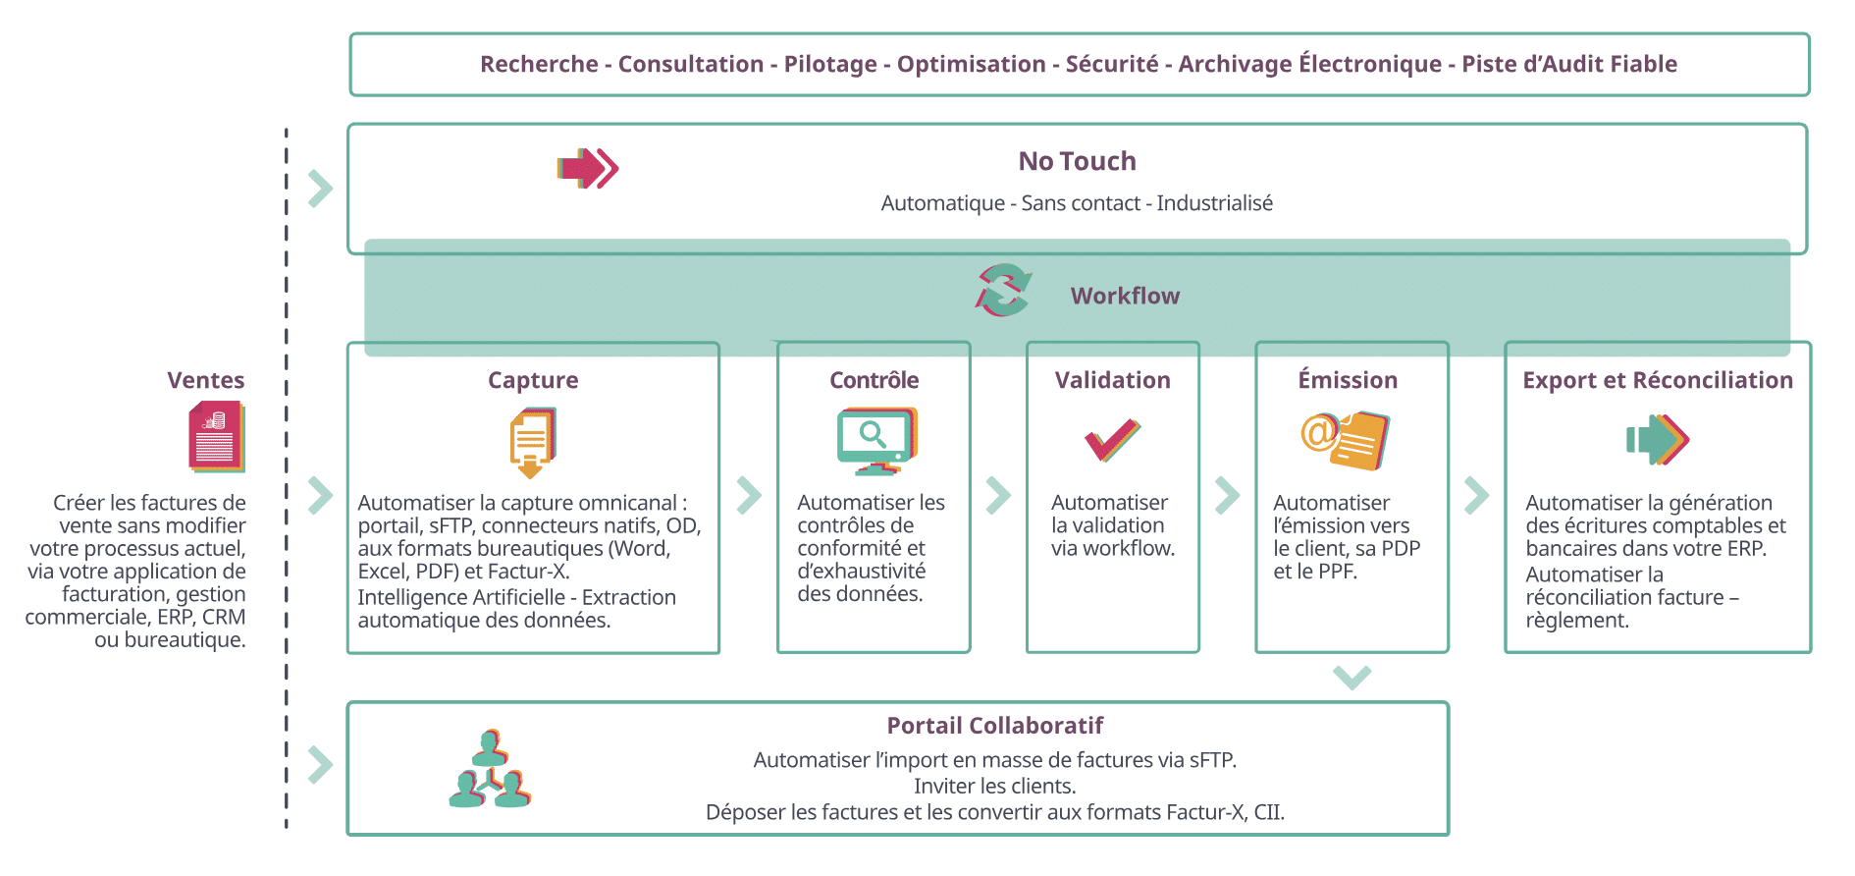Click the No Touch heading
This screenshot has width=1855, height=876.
(x=1077, y=161)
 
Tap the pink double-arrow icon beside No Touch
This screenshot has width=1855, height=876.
(x=588, y=169)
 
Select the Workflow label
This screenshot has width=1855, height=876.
(x=1125, y=296)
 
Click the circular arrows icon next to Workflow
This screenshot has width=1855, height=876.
(x=1003, y=291)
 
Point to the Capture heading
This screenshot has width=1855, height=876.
(x=533, y=380)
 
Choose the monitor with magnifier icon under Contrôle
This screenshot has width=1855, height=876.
(x=876, y=441)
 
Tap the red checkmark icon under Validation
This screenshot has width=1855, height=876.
(x=1113, y=440)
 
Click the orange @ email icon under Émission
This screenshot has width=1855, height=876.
(x=1346, y=440)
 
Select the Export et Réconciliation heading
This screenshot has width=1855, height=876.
(x=1658, y=380)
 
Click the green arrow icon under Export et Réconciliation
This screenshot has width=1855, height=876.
(x=1658, y=440)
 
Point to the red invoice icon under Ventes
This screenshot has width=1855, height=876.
(x=217, y=437)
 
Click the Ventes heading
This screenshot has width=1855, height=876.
(x=206, y=380)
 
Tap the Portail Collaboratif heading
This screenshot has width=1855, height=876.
(x=995, y=726)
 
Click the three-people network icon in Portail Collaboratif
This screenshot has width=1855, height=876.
(x=490, y=769)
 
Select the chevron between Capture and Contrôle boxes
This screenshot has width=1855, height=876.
(x=749, y=496)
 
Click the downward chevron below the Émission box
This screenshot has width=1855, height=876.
(x=1352, y=678)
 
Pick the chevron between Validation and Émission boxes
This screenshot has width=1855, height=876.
(x=1227, y=496)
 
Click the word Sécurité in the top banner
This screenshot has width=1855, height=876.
(x=1112, y=64)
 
